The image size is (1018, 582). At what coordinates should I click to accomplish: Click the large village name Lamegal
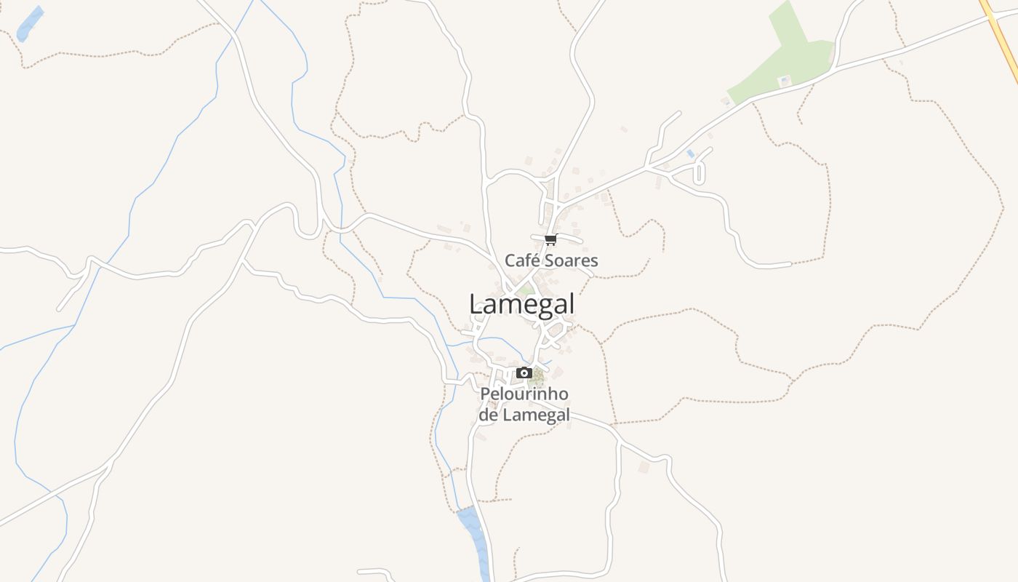[521, 304]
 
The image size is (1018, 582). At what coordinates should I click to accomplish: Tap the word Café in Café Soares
[521, 260]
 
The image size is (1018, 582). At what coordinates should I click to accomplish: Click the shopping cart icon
[550, 239]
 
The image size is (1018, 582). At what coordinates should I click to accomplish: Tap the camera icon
[524, 373]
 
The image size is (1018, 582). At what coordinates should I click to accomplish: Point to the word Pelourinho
[524, 394]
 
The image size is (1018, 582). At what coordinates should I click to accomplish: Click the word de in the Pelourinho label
[488, 415]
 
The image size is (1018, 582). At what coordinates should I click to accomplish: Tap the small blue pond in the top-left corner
[29, 23]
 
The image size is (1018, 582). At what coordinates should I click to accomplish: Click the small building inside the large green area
[784, 81]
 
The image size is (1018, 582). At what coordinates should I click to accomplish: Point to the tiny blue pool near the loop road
[690, 154]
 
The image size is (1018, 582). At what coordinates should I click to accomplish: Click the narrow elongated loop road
[700, 173]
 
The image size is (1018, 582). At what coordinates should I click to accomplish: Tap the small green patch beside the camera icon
[537, 376]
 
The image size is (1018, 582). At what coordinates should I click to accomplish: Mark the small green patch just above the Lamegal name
[525, 290]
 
